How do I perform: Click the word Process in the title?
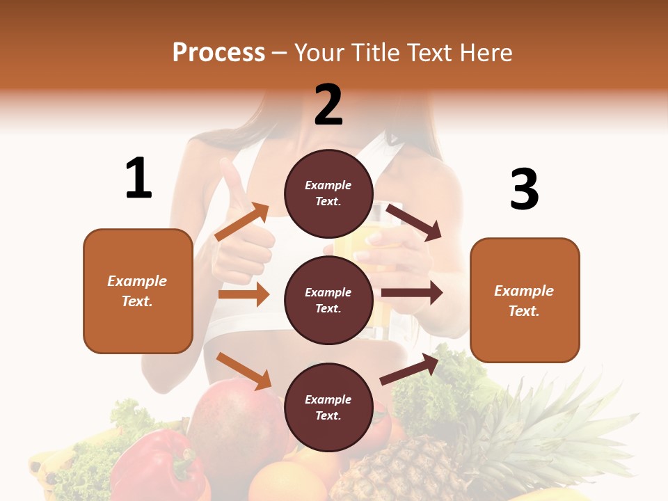(218, 52)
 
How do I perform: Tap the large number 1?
(138, 178)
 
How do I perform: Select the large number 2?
(328, 104)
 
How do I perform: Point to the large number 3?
(524, 189)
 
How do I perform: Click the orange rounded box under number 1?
(138, 291)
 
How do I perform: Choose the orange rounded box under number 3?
(525, 300)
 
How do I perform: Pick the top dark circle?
(328, 193)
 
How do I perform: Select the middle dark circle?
(328, 300)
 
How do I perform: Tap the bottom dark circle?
(328, 407)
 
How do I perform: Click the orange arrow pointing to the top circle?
(242, 222)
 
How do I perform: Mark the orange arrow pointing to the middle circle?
(244, 294)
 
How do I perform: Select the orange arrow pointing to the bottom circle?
(244, 370)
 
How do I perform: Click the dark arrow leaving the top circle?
(413, 222)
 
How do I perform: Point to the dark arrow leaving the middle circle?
(411, 293)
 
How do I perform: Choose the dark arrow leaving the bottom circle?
(409, 369)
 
